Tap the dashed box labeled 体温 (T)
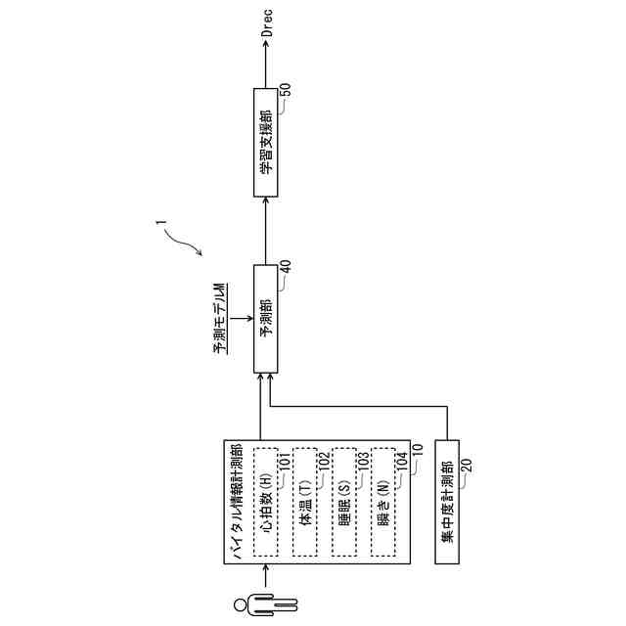tap(304, 503)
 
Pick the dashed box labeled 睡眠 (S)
tap(343, 503)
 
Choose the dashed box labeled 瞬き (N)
tap(382, 503)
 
